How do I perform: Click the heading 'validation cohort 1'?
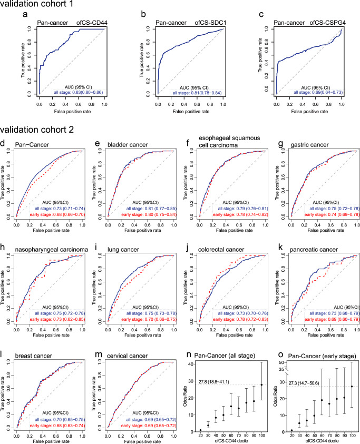40,6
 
